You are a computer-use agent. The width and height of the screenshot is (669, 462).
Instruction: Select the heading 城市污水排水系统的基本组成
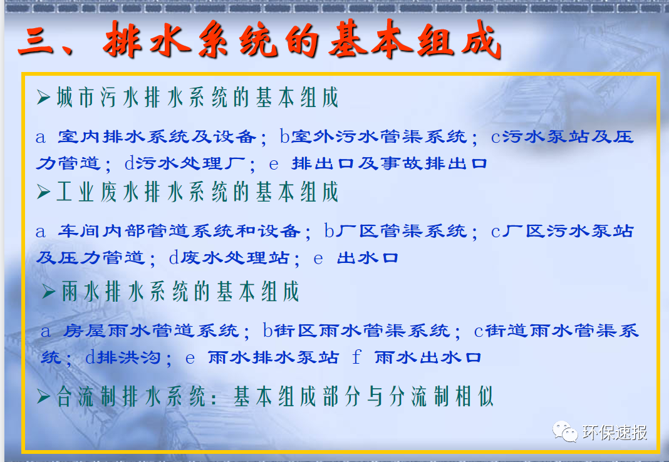point(197,98)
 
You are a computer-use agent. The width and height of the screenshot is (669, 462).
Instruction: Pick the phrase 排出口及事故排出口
point(389,164)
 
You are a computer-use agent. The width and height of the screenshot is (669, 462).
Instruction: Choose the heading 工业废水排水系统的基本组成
point(197,192)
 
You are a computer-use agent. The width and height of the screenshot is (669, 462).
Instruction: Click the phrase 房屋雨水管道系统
point(150,331)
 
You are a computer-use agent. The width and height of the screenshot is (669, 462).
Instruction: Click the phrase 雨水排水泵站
point(272,357)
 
